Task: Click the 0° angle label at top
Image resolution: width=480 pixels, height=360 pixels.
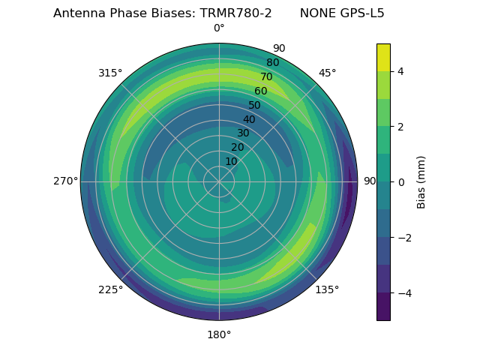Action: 219,28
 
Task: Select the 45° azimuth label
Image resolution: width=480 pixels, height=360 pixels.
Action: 328,73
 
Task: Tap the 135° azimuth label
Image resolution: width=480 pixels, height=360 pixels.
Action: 327,289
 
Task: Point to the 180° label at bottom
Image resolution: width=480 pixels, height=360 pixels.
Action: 219,334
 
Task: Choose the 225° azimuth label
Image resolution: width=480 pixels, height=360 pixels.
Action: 110,289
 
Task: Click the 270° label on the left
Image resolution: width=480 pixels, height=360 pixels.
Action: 65,181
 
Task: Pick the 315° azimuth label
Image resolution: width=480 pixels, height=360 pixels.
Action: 110,73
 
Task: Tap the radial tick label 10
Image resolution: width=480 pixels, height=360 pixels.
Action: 231,161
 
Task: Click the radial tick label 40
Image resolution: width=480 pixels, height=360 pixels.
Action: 249,119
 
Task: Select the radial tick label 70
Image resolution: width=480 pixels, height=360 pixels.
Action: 266,76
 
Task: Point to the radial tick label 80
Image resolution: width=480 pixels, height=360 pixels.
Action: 272,62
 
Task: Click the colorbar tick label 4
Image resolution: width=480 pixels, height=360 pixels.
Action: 401,71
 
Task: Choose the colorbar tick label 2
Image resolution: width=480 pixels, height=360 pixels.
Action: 401,127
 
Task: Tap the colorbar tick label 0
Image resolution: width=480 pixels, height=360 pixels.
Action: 401,182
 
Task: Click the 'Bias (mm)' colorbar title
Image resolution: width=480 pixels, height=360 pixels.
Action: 421,182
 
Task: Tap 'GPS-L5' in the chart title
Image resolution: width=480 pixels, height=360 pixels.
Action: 363,13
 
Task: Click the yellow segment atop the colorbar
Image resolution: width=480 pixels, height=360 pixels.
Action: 383,57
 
